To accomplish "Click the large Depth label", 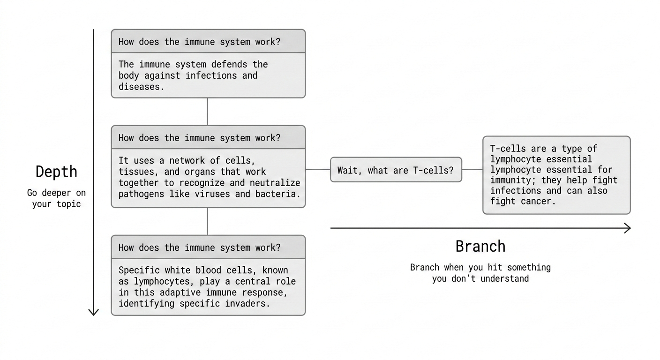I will tap(56, 172).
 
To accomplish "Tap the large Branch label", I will tap(480, 246).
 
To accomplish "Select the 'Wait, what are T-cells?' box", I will tap(396, 170).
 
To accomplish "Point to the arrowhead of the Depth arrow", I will tap(94, 311).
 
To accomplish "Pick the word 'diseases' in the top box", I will tap(141, 87).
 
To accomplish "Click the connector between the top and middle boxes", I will tap(207, 112).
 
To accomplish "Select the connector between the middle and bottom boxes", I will tap(207, 221).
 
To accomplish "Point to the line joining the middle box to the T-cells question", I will tap(318, 170).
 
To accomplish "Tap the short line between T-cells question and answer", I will tap(472, 170).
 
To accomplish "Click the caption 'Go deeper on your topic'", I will tap(56, 198).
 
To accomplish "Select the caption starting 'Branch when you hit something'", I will tap(480, 273).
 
